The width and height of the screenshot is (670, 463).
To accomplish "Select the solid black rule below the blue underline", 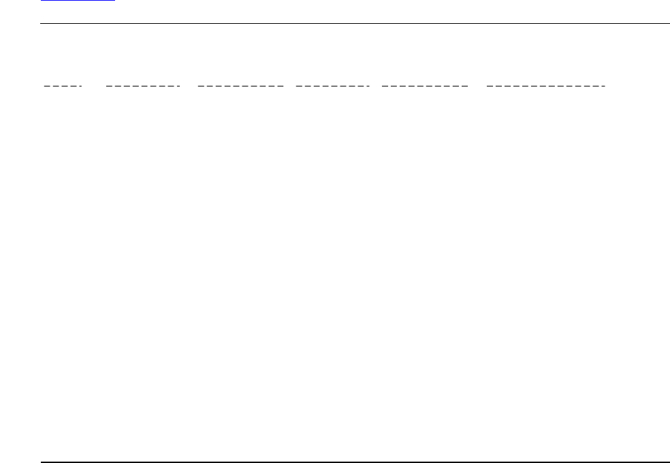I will click(x=354, y=24).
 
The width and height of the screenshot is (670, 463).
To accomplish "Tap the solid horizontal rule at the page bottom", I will click(x=354, y=462).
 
